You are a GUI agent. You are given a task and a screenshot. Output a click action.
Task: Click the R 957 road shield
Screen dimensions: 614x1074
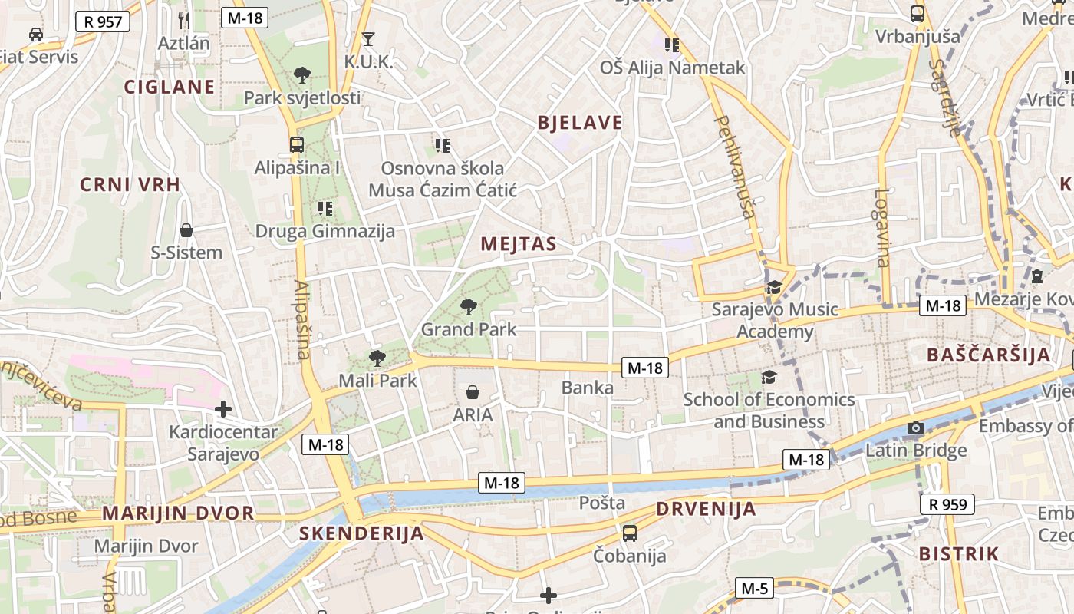(x=103, y=21)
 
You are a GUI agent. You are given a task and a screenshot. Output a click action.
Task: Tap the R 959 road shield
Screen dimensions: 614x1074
(x=947, y=504)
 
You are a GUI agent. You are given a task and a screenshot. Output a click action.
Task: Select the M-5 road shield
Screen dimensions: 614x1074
(x=755, y=589)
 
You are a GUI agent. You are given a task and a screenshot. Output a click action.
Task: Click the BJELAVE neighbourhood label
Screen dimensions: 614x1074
(x=580, y=123)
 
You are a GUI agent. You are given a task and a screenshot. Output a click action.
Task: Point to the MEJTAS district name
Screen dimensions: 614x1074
(x=518, y=245)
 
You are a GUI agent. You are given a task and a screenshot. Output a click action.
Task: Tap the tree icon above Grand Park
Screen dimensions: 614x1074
(x=468, y=307)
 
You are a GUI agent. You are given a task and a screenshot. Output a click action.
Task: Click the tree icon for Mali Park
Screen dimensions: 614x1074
(x=377, y=358)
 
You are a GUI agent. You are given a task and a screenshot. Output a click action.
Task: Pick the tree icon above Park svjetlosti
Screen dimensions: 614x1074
(x=302, y=75)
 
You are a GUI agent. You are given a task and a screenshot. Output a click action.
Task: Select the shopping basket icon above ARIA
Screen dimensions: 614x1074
(x=473, y=392)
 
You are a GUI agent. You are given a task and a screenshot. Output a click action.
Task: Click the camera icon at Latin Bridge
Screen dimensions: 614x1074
(x=915, y=427)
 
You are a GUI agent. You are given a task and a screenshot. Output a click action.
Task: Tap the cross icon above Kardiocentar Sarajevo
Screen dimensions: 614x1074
(x=223, y=409)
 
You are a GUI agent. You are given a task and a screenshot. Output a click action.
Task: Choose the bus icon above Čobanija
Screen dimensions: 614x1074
(x=630, y=532)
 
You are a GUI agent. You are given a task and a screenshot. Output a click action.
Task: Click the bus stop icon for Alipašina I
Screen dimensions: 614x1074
(x=297, y=144)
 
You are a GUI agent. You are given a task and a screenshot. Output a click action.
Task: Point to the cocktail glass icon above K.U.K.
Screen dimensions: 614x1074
(x=368, y=38)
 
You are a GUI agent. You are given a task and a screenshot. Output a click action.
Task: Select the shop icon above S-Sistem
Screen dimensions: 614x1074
(x=186, y=229)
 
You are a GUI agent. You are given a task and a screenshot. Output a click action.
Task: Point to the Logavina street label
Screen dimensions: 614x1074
(x=881, y=228)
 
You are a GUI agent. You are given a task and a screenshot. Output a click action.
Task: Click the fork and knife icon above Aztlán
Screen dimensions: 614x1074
(x=183, y=20)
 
